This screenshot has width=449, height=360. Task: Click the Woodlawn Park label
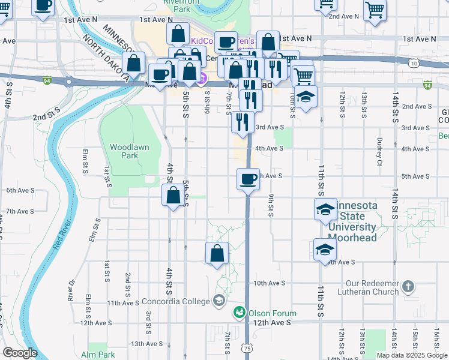[129, 151]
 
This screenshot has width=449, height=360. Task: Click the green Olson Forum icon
[240, 313]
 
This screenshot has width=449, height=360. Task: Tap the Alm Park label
[97, 355]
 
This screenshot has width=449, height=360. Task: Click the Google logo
[20, 353]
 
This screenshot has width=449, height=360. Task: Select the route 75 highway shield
[247, 347]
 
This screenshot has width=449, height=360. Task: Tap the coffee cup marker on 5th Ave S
[248, 179]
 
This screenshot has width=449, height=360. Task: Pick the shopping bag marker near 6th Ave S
[173, 196]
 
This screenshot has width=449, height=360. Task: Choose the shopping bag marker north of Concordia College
[217, 253]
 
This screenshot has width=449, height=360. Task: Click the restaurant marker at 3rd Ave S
[243, 122]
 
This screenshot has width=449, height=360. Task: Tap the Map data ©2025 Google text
[412, 355]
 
